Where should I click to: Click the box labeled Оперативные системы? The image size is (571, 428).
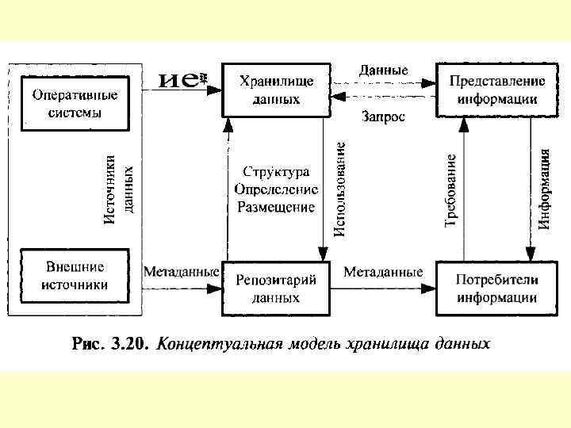click(x=75, y=104)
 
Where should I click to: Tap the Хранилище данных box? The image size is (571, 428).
click(x=277, y=90)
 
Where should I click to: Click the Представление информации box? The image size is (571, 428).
click(x=497, y=90)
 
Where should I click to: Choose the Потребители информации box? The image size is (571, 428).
click(x=497, y=288)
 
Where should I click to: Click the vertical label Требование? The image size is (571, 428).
click(x=450, y=190)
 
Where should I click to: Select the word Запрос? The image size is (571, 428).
click(x=383, y=117)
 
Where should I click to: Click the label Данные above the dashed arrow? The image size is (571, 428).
click(x=383, y=70)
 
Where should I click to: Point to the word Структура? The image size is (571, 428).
click(x=276, y=172)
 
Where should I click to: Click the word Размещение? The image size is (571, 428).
click(x=276, y=207)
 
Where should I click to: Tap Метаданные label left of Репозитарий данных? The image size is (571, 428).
click(x=181, y=271)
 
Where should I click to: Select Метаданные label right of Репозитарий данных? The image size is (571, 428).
click(x=383, y=271)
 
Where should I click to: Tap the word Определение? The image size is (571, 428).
click(x=276, y=189)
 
